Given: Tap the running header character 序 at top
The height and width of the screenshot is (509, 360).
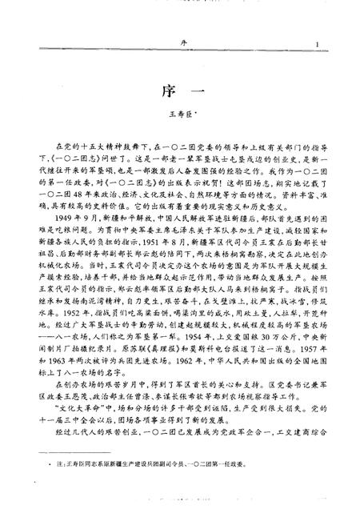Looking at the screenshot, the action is click(x=180, y=45).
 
